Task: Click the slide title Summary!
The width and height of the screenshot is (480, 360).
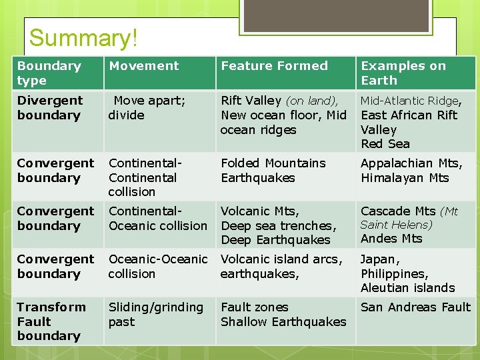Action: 83,38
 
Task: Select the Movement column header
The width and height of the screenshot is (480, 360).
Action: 144,66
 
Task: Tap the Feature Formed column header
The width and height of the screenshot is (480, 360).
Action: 274,66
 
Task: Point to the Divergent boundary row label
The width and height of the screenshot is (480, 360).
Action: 50,108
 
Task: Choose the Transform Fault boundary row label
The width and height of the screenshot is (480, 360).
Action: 51,321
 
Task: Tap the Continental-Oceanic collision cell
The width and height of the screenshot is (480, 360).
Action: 158,219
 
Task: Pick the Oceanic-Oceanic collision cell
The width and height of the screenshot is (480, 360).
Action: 158,267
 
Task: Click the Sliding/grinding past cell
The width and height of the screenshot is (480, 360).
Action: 156,315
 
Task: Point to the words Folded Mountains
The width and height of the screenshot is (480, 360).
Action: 273,163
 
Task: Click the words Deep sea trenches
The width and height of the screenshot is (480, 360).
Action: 278,226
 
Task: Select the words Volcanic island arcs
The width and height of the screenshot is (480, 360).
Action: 281,259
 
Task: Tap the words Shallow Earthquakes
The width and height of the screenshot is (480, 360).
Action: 283,322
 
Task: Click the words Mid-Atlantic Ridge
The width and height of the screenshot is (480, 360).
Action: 410,101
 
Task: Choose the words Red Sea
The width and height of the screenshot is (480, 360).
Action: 385,144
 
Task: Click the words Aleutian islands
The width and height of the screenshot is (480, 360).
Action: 407,288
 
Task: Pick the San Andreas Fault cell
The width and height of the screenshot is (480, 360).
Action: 415,307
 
